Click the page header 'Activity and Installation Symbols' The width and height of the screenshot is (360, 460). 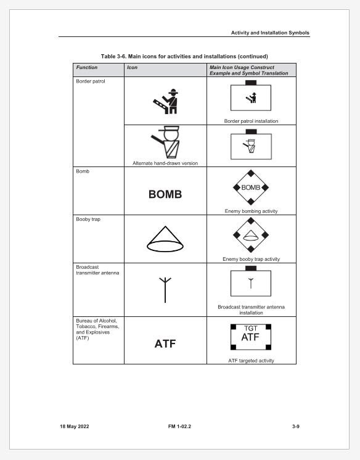click(x=270, y=33)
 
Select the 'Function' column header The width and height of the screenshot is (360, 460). click(x=87, y=67)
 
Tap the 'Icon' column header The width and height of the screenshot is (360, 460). click(x=131, y=67)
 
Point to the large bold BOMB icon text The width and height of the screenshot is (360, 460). click(x=165, y=194)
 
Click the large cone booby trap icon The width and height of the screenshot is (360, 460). click(x=165, y=239)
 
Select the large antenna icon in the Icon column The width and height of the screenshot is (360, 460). click(x=165, y=289)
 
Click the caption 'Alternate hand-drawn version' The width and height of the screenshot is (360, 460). click(x=165, y=163)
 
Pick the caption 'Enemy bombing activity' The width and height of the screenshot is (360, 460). click(x=251, y=211)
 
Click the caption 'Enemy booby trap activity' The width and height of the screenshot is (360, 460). click(x=251, y=259)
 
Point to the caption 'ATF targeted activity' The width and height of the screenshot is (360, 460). click(x=251, y=360)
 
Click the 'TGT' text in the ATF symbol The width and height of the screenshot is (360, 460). click(x=251, y=329)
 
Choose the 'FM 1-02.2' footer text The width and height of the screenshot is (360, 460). click(x=179, y=427)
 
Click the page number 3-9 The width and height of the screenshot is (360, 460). click(x=295, y=427)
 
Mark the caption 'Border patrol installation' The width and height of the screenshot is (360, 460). click(x=251, y=121)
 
